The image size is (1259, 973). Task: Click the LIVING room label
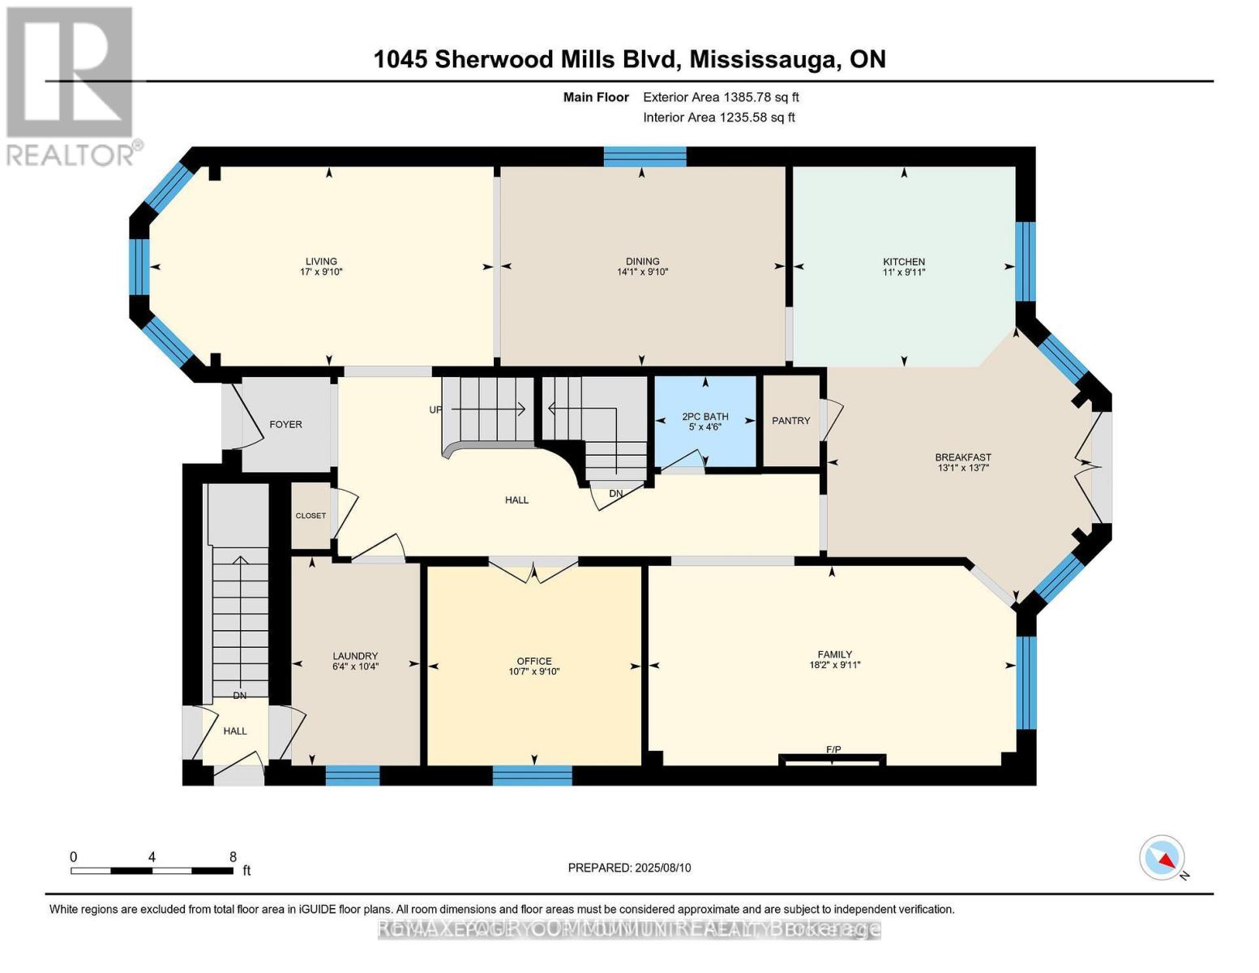click(321, 261)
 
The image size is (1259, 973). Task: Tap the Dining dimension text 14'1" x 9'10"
click(642, 272)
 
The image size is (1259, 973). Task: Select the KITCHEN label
click(904, 261)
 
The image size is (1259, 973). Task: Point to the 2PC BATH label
click(704, 417)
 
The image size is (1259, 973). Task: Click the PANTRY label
click(790, 421)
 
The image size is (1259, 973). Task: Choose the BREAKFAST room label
click(963, 457)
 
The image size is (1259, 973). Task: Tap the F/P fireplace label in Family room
click(833, 749)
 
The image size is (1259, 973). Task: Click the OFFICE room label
click(534, 661)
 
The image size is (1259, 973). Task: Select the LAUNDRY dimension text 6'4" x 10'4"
click(355, 667)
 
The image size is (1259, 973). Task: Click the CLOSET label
click(310, 516)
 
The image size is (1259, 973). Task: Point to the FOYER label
click(285, 424)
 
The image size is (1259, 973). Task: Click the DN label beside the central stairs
click(617, 493)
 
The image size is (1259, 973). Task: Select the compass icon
click(1163, 857)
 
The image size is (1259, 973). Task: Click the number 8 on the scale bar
click(233, 856)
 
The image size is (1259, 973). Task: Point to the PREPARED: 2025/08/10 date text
click(629, 868)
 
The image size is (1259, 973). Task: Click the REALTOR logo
click(71, 85)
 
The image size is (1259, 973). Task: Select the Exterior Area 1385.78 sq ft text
click(721, 97)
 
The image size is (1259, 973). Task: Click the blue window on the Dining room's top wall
click(645, 156)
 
